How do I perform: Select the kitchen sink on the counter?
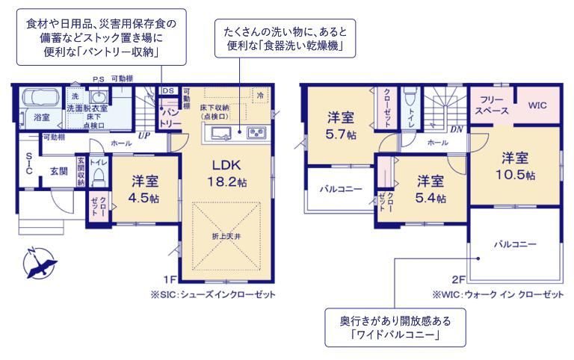pyautogui.click(x=221, y=134)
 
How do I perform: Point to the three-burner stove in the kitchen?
pyautogui.click(x=256, y=134)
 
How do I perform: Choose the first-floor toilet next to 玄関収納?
pyautogui.click(x=98, y=176)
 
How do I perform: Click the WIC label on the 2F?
pyautogui.click(x=538, y=106)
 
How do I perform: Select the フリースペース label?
pyautogui.click(x=491, y=105)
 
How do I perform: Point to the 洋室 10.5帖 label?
pyautogui.click(x=516, y=166)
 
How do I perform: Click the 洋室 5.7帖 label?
pyautogui.click(x=341, y=125)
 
